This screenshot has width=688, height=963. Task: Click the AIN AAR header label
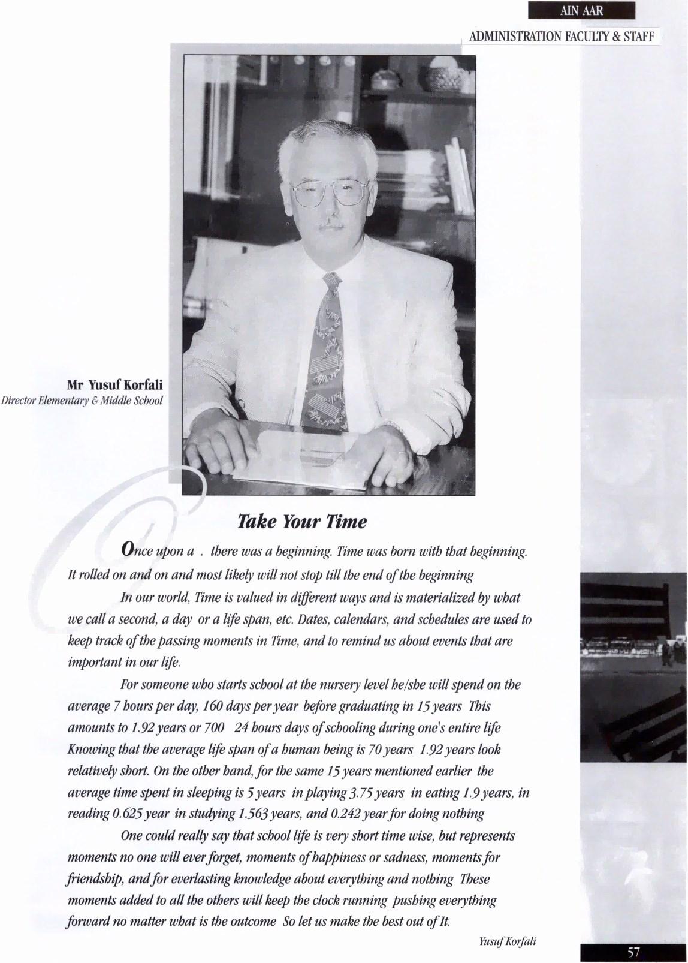[x=581, y=10]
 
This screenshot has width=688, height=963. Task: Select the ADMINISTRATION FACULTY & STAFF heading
[x=562, y=37]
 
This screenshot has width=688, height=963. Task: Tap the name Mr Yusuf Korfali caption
[x=114, y=384]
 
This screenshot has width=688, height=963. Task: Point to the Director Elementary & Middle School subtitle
[x=82, y=400]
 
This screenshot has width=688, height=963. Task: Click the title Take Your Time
[x=302, y=521]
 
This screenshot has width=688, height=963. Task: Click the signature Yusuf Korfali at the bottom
[x=508, y=941]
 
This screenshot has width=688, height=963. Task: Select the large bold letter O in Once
[x=127, y=548]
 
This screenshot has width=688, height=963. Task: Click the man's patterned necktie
[x=325, y=354]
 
